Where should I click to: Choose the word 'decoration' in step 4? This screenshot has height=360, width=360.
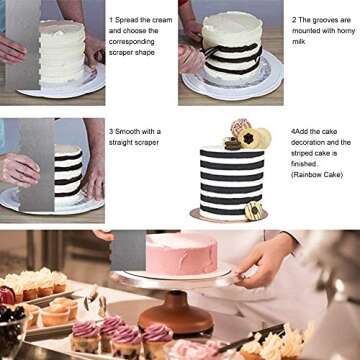(x=313, y=144)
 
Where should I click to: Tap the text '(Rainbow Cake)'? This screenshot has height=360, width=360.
(x=317, y=174)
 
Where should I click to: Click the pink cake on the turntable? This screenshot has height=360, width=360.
(x=179, y=253)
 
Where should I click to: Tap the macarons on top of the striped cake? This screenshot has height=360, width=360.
(x=243, y=136)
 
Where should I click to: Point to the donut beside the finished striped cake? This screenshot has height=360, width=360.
(x=253, y=211)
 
